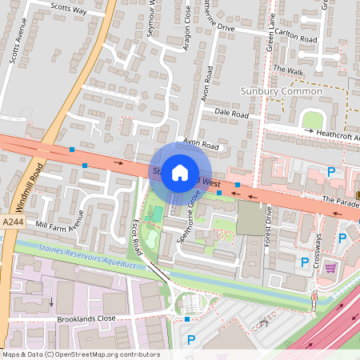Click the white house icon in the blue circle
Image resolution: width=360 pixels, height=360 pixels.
click(180, 172)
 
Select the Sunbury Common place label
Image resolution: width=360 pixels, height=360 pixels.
click(282, 91)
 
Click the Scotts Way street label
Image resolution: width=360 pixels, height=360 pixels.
click(68, 8)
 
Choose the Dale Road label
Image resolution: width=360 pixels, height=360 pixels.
click(232, 115)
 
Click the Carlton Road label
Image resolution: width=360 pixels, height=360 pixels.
click(297, 38)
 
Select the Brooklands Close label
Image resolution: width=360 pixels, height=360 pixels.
click(86, 318)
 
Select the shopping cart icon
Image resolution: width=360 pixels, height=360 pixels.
click(330, 267)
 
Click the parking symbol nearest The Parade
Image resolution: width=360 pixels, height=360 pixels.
click(331, 172)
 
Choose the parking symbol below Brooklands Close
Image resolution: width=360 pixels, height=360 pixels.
click(190, 341)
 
